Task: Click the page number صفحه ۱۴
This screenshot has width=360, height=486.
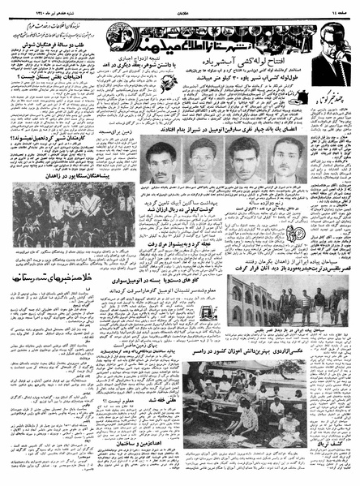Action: pyautogui.click(x=341, y=7)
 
